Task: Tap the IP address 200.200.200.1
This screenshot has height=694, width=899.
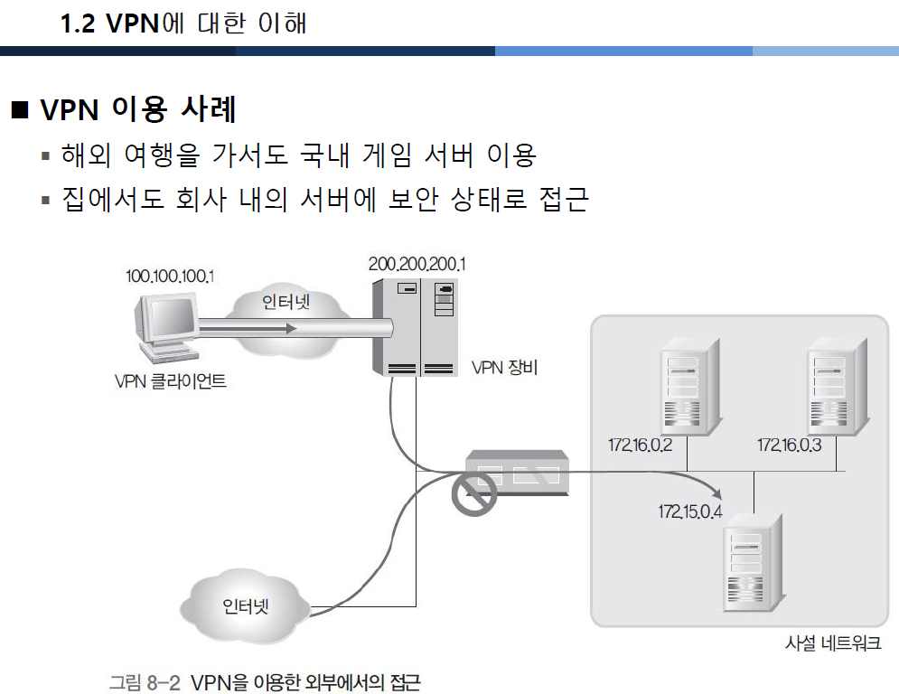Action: point(417,264)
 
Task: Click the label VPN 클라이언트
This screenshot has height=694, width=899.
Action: point(171,381)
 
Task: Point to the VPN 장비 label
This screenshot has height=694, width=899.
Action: point(505,368)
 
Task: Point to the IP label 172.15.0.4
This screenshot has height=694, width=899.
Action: point(691,513)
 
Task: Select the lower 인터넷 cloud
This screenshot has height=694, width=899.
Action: point(245,605)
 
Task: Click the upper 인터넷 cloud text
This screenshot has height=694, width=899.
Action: point(286,301)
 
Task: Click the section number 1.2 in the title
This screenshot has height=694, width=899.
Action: point(80,23)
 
